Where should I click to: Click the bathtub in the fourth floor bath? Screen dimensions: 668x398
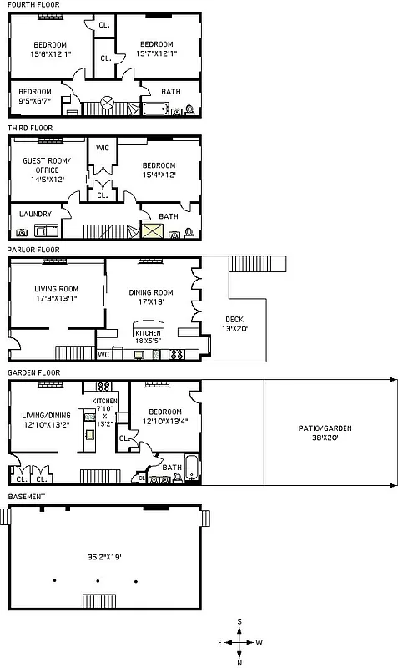(x=156, y=108)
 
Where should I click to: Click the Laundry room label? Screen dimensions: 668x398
(x=34, y=214)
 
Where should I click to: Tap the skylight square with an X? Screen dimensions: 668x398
(x=152, y=232)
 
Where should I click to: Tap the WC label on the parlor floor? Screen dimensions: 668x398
(x=104, y=354)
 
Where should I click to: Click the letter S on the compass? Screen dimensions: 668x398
(x=239, y=621)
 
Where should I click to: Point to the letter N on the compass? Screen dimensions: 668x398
(x=239, y=663)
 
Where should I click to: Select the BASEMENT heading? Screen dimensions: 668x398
(x=26, y=497)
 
